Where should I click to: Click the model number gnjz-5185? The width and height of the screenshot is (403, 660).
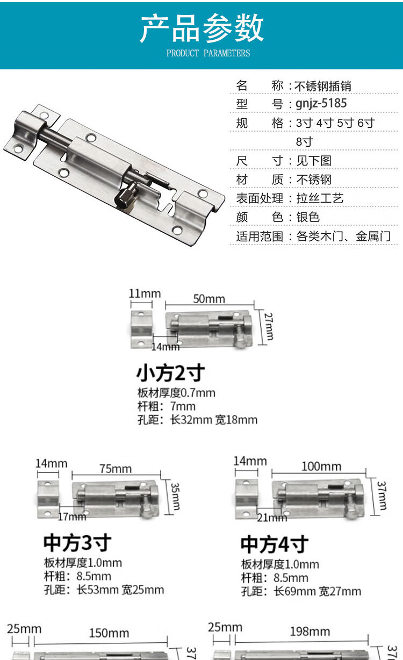click(321, 104)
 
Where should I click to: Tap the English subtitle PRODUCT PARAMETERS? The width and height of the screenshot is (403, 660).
click(208, 53)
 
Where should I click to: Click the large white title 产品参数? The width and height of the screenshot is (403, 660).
click(201, 28)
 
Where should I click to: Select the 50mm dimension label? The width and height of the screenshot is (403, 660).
click(209, 299)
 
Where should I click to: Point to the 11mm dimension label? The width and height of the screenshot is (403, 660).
click(145, 294)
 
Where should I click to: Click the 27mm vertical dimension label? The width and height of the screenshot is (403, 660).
click(268, 326)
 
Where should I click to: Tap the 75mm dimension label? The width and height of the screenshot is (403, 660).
click(116, 469)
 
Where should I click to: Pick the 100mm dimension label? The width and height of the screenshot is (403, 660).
click(321, 467)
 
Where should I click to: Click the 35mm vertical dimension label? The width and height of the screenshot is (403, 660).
click(175, 497)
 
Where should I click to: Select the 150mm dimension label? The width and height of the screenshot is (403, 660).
click(109, 633)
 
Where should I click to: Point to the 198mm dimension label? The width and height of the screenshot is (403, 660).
click(310, 632)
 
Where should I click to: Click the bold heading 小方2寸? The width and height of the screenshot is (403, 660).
click(170, 372)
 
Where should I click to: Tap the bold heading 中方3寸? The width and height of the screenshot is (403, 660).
click(77, 543)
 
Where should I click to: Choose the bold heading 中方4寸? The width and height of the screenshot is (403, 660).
click(275, 544)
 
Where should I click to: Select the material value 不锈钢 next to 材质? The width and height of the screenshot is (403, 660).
click(314, 180)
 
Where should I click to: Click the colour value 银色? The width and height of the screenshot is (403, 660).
click(308, 217)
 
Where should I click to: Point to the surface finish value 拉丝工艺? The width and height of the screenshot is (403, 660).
click(320, 198)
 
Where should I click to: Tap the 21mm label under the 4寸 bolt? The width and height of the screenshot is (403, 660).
click(272, 518)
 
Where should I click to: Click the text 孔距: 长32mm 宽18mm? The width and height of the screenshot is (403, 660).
click(197, 420)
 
